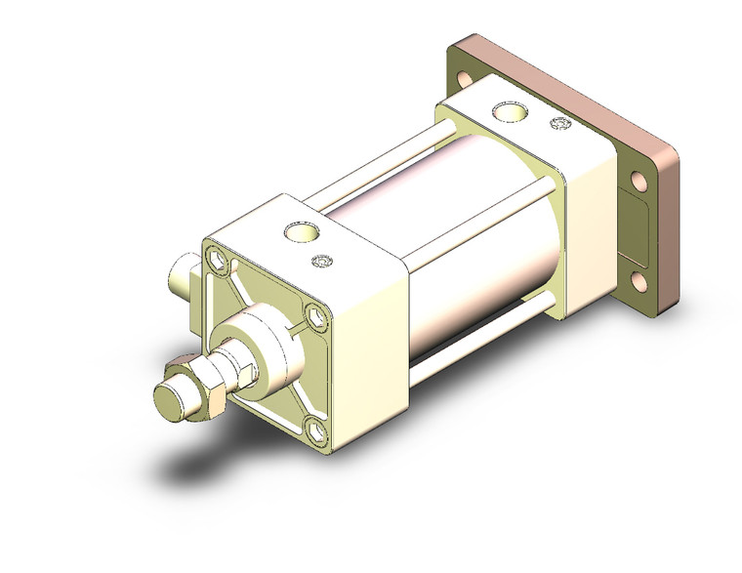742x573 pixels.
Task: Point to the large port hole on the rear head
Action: (x=508, y=113)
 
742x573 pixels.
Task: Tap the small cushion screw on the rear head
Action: (x=560, y=123)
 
